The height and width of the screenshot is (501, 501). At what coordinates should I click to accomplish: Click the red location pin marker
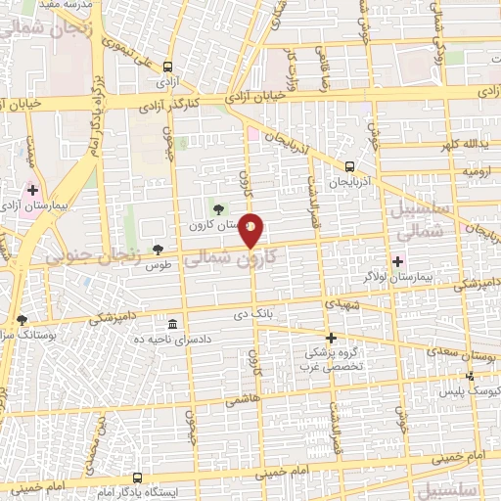[251, 230]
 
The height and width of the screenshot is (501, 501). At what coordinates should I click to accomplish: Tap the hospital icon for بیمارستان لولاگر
[398, 260]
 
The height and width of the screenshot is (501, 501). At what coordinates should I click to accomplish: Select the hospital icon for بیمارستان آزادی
[32, 190]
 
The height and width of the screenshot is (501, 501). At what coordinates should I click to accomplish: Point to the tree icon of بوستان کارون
[217, 207]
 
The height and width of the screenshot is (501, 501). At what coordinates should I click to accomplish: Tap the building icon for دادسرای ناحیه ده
[172, 324]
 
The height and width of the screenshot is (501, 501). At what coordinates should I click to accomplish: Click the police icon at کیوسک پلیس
[471, 376]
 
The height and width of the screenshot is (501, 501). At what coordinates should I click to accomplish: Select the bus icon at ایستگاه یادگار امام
[138, 479]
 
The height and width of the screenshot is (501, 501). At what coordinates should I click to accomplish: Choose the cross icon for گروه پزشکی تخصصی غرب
[332, 338]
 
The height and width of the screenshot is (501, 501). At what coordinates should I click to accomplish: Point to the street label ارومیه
[477, 170]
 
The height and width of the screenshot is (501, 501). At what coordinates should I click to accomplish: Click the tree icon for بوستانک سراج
[22, 319]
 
